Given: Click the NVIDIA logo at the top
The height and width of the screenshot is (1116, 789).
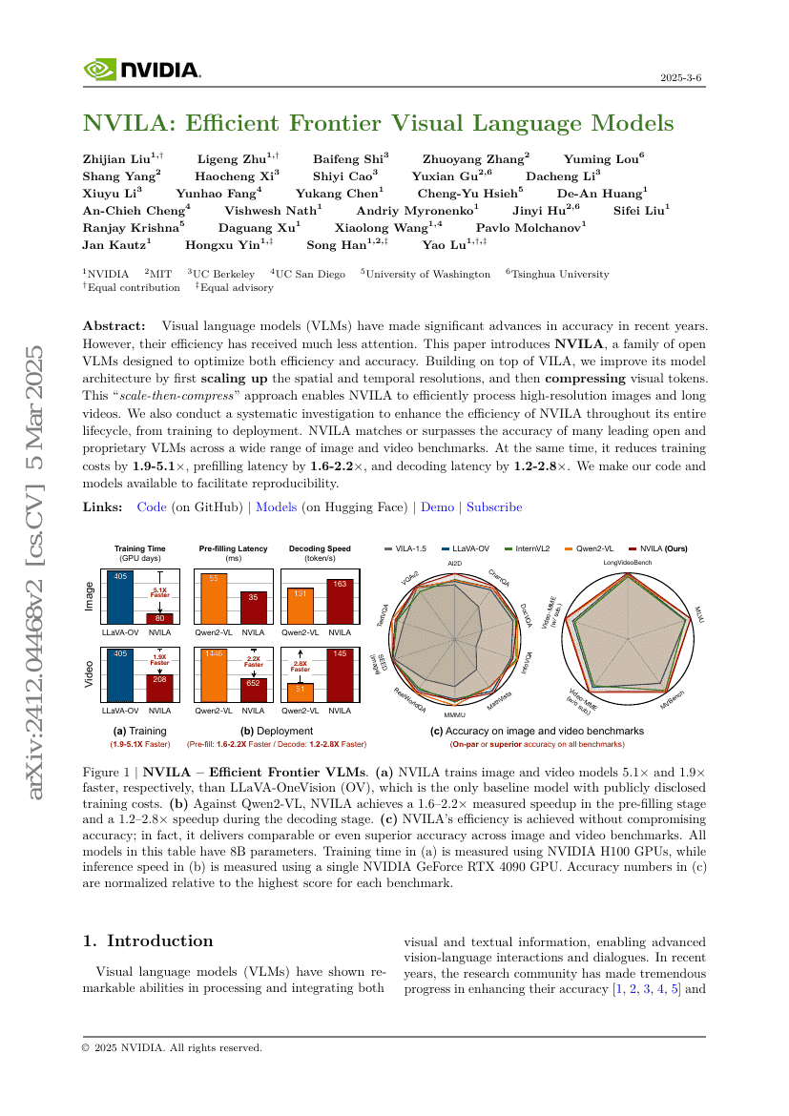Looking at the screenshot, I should pyautogui.click(x=141, y=70).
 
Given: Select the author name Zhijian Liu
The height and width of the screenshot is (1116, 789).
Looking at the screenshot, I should pyautogui.click(x=122, y=159).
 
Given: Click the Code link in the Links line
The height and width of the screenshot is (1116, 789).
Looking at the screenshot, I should pyautogui.click(x=152, y=507).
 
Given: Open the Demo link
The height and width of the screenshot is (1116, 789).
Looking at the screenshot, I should pyautogui.click(x=437, y=507).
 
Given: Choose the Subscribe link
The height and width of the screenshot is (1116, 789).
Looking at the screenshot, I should pyautogui.click(x=494, y=507).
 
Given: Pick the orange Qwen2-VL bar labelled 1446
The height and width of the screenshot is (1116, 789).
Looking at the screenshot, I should pyautogui.click(x=213, y=679).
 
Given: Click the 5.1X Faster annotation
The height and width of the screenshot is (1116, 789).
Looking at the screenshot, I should pyautogui.click(x=159, y=592).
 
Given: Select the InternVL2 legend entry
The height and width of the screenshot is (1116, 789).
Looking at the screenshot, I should pyautogui.click(x=535, y=549).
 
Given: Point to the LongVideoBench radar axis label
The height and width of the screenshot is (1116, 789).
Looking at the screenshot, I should pyautogui.click(x=627, y=564).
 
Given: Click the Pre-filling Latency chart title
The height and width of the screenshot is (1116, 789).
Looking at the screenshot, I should pyautogui.click(x=234, y=549).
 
